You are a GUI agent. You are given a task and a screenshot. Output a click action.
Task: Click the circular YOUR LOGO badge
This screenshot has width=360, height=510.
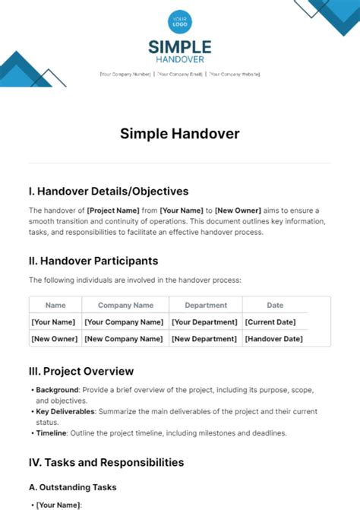(180, 21)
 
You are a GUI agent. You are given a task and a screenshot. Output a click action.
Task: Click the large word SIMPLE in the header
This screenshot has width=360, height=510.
(180, 47)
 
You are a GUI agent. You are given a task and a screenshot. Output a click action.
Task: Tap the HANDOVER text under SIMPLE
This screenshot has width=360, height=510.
(180, 61)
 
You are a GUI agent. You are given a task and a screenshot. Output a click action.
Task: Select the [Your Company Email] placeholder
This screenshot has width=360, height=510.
(180, 74)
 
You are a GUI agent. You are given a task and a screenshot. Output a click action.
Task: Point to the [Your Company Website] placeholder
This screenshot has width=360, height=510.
(235, 74)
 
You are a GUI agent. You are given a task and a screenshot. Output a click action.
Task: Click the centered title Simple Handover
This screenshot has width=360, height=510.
(180, 134)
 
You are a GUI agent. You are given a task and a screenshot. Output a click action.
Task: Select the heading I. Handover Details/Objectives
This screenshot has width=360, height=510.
(109, 192)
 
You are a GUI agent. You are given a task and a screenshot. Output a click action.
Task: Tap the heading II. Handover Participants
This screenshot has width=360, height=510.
(93, 261)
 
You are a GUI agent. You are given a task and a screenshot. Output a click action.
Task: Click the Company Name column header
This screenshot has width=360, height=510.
(125, 306)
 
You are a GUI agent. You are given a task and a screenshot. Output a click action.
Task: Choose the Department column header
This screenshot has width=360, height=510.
(206, 306)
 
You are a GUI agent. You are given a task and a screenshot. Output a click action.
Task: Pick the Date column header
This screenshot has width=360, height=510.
(275, 306)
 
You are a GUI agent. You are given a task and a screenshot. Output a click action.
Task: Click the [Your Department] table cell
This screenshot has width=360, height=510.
(205, 322)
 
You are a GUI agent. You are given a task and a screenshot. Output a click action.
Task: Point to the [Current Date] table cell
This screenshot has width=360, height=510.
(270, 322)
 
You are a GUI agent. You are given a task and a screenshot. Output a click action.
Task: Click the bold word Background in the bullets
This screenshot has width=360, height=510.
(57, 390)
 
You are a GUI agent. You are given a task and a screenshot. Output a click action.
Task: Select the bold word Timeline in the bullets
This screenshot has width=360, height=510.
(52, 432)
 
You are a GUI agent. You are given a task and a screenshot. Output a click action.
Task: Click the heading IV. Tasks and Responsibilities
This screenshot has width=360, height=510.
(106, 461)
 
